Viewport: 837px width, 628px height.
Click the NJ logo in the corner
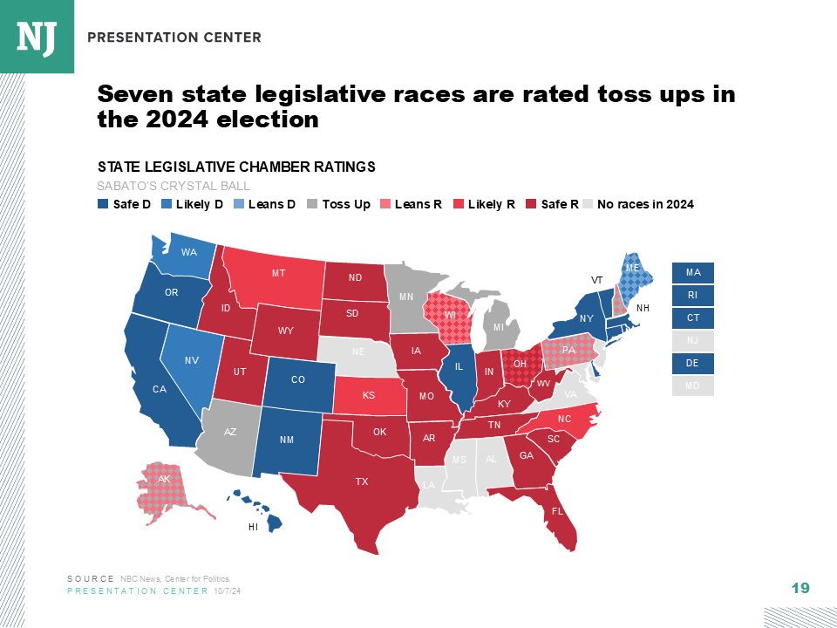click(37, 36)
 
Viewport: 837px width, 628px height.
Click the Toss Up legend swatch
click(314, 205)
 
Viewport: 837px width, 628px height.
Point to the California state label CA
click(160, 389)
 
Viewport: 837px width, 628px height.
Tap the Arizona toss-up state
click(230, 432)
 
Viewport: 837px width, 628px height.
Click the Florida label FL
click(557, 511)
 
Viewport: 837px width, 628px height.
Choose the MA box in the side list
click(693, 273)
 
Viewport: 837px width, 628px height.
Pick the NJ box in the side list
click(693, 341)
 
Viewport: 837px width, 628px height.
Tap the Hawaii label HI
click(254, 527)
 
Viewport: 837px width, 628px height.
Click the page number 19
click(800, 589)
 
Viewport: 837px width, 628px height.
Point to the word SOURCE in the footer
click(90, 579)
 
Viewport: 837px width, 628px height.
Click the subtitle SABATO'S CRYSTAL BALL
click(174, 186)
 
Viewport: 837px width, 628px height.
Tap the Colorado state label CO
click(298, 380)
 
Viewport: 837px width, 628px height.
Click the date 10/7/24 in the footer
click(227, 591)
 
